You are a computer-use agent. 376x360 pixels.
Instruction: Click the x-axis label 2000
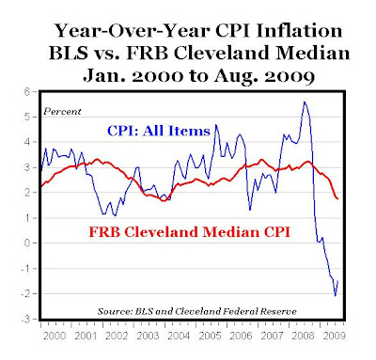tap(55, 332)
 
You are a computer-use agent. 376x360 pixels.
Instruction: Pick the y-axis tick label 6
tap(31, 91)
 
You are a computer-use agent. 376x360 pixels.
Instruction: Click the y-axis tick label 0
tap(31, 243)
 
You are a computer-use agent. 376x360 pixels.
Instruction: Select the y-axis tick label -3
tap(29, 319)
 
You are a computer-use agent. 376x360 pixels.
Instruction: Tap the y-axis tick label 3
tap(31, 167)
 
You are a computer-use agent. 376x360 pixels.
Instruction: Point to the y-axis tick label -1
tap(29, 268)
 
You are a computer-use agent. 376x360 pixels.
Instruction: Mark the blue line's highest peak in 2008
tap(304, 102)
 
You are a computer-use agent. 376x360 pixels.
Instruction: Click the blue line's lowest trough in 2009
tap(333, 295)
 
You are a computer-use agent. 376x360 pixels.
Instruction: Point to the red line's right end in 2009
tap(337, 197)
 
